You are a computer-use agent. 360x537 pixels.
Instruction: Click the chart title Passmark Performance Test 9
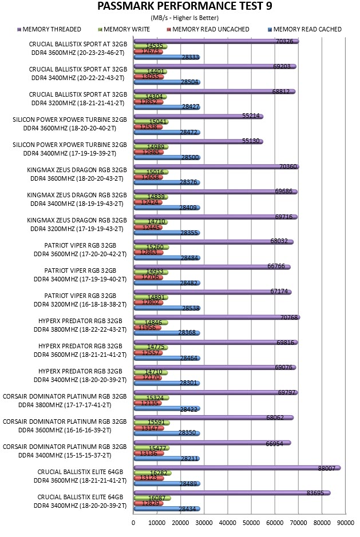click(x=184, y=6)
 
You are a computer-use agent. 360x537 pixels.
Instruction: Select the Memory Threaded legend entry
click(x=49, y=30)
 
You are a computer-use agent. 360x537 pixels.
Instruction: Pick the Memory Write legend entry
click(x=124, y=30)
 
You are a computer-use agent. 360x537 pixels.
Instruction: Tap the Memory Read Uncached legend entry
click(x=208, y=30)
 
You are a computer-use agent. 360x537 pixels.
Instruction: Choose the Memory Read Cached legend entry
click(x=305, y=30)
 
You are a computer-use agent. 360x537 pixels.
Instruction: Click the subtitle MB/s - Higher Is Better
click(x=184, y=18)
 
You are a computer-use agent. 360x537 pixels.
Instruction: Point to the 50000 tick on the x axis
click(x=251, y=523)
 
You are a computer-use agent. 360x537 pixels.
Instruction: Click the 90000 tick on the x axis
click(x=345, y=523)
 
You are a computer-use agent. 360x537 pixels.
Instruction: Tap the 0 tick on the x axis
click(x=133, y=523)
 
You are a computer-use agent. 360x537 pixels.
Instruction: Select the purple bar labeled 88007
click(x=237, y=468)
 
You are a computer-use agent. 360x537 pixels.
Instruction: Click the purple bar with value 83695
click(x=232, y=493)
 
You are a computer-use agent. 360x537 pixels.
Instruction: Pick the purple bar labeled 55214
click(x=198, y=117)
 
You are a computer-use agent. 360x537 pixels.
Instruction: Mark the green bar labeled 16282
click(x=152, y=473)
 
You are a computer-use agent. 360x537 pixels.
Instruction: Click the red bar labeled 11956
click(x=148, y=328)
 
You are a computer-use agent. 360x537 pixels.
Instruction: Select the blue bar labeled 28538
click(x=167, y=308)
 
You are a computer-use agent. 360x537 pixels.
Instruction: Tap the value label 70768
click(x=289, y=317)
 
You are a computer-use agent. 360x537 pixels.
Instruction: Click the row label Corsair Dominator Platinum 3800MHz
click(x=65, y=401)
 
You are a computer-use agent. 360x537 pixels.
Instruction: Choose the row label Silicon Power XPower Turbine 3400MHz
click(x=70, y=149)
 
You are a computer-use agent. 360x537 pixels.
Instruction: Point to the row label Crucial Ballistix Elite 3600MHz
click(x=80, y=476)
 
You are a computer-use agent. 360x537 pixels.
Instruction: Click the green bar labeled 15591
click(x=152, y=423)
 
